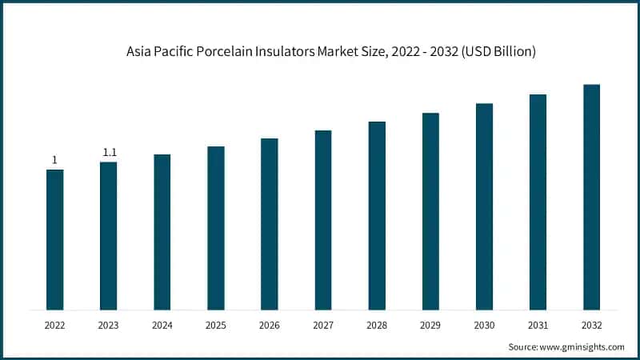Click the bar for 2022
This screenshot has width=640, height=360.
pos(54,240)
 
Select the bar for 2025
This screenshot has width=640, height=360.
pos(216,228)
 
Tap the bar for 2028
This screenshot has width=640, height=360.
pos(377,216)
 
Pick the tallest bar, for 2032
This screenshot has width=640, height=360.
pos(591,197)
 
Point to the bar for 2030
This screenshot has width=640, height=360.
pos(484,206)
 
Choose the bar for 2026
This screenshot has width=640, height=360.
pos(270,224)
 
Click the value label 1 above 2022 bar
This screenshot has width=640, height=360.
pos(54,160)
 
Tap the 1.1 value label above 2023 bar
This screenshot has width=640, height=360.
pos(108,153)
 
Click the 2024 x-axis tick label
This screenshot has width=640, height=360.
pos(162,326)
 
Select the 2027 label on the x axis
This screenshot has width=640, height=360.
pos(323,326)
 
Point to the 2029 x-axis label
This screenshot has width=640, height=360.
pos(430,326)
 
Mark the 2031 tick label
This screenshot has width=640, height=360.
pos(538,326)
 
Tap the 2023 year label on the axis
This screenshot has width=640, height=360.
pos(108,326)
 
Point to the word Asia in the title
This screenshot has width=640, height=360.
pos(138,51)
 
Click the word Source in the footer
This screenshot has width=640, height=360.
pos(525,346)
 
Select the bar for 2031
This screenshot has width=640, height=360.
pos(538,202)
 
